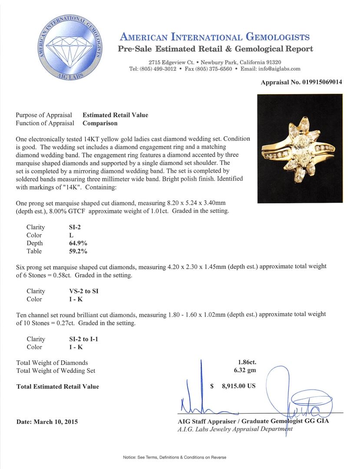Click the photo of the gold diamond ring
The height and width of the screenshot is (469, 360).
coord(300,149)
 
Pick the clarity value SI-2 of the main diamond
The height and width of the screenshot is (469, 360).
coord(71,227)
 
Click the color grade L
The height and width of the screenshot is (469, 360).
coord(65,235)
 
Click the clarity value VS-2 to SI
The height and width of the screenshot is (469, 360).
coord(81,291)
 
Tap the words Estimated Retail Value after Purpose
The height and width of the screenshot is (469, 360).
coord(115,115)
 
